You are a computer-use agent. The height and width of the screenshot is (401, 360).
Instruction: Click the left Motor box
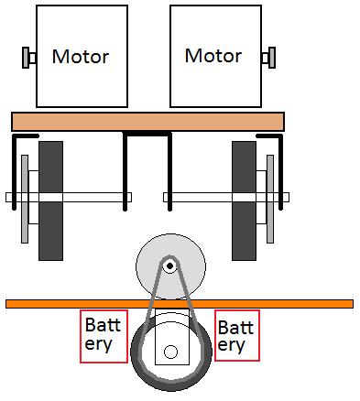[x=80, y=56]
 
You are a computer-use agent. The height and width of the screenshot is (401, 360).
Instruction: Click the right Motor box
[x=213, y=56]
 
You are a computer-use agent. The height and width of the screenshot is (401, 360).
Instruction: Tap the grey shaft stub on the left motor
[x=27, y=58]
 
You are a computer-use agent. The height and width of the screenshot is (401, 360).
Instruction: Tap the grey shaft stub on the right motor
[x=267, y=58]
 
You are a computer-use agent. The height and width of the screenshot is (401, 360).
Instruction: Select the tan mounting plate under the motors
[x=147, y=121]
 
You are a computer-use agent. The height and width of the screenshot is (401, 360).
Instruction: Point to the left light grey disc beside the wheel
[x=25, y=199]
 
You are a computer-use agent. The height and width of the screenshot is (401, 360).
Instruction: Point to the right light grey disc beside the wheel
[x=269, y=199]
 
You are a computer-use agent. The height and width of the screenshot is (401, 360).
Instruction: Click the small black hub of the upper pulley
[x=169, y=266]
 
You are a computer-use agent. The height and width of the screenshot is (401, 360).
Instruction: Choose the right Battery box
[x=236, y=334]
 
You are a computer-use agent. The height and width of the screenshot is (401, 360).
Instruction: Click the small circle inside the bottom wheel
[x=169, y=351]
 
